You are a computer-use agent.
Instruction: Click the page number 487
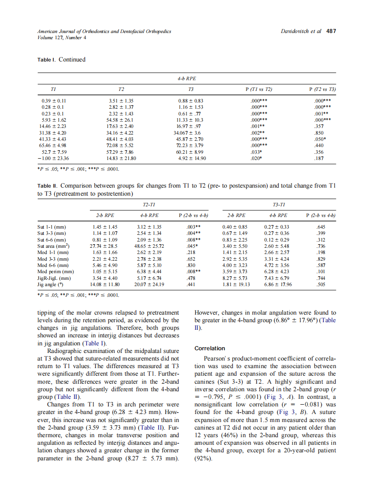pos(331,31)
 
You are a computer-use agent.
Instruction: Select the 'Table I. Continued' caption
pos(61,60)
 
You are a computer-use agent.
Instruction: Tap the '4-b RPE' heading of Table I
pos(186,78)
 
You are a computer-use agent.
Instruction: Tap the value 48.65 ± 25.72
pos(149,246)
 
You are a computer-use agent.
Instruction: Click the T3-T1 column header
pos(278,204)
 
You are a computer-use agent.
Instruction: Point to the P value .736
pos(319,246)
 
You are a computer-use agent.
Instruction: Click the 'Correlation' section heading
pos(210,348)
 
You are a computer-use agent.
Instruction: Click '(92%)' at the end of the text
pos(203,458)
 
